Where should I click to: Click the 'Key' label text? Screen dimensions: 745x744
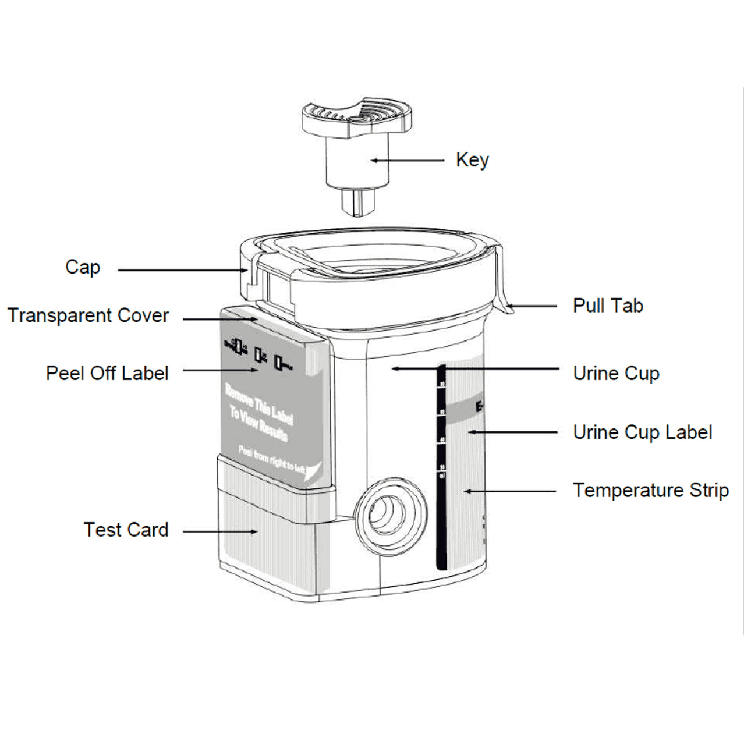click(x=472, y=160)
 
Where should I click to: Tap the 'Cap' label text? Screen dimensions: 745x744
click(x=83, y=267)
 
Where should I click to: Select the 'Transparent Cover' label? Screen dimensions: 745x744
click(x=88, y=315)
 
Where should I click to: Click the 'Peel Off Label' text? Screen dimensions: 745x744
click(x=107, y=373)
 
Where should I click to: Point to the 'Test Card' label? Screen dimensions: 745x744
click(x=126, y=530)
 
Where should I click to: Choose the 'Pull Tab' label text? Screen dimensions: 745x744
click(x=608, y=306)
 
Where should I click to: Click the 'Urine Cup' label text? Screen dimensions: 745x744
click(x=616, y=373)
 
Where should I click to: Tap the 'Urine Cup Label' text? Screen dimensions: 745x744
click(x=642, y=432)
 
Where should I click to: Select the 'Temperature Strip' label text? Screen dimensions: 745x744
click(x=650, y=490)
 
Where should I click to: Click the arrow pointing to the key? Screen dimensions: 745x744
click(x=408, y=160)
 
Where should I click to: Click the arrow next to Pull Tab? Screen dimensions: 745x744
click(x=533, y=306)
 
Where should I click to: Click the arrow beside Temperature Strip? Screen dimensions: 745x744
click(x=509, y=491)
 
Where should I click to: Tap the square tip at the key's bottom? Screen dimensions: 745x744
click(x=359, y=201)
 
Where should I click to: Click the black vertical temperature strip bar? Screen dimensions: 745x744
click(x=441, y=466)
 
